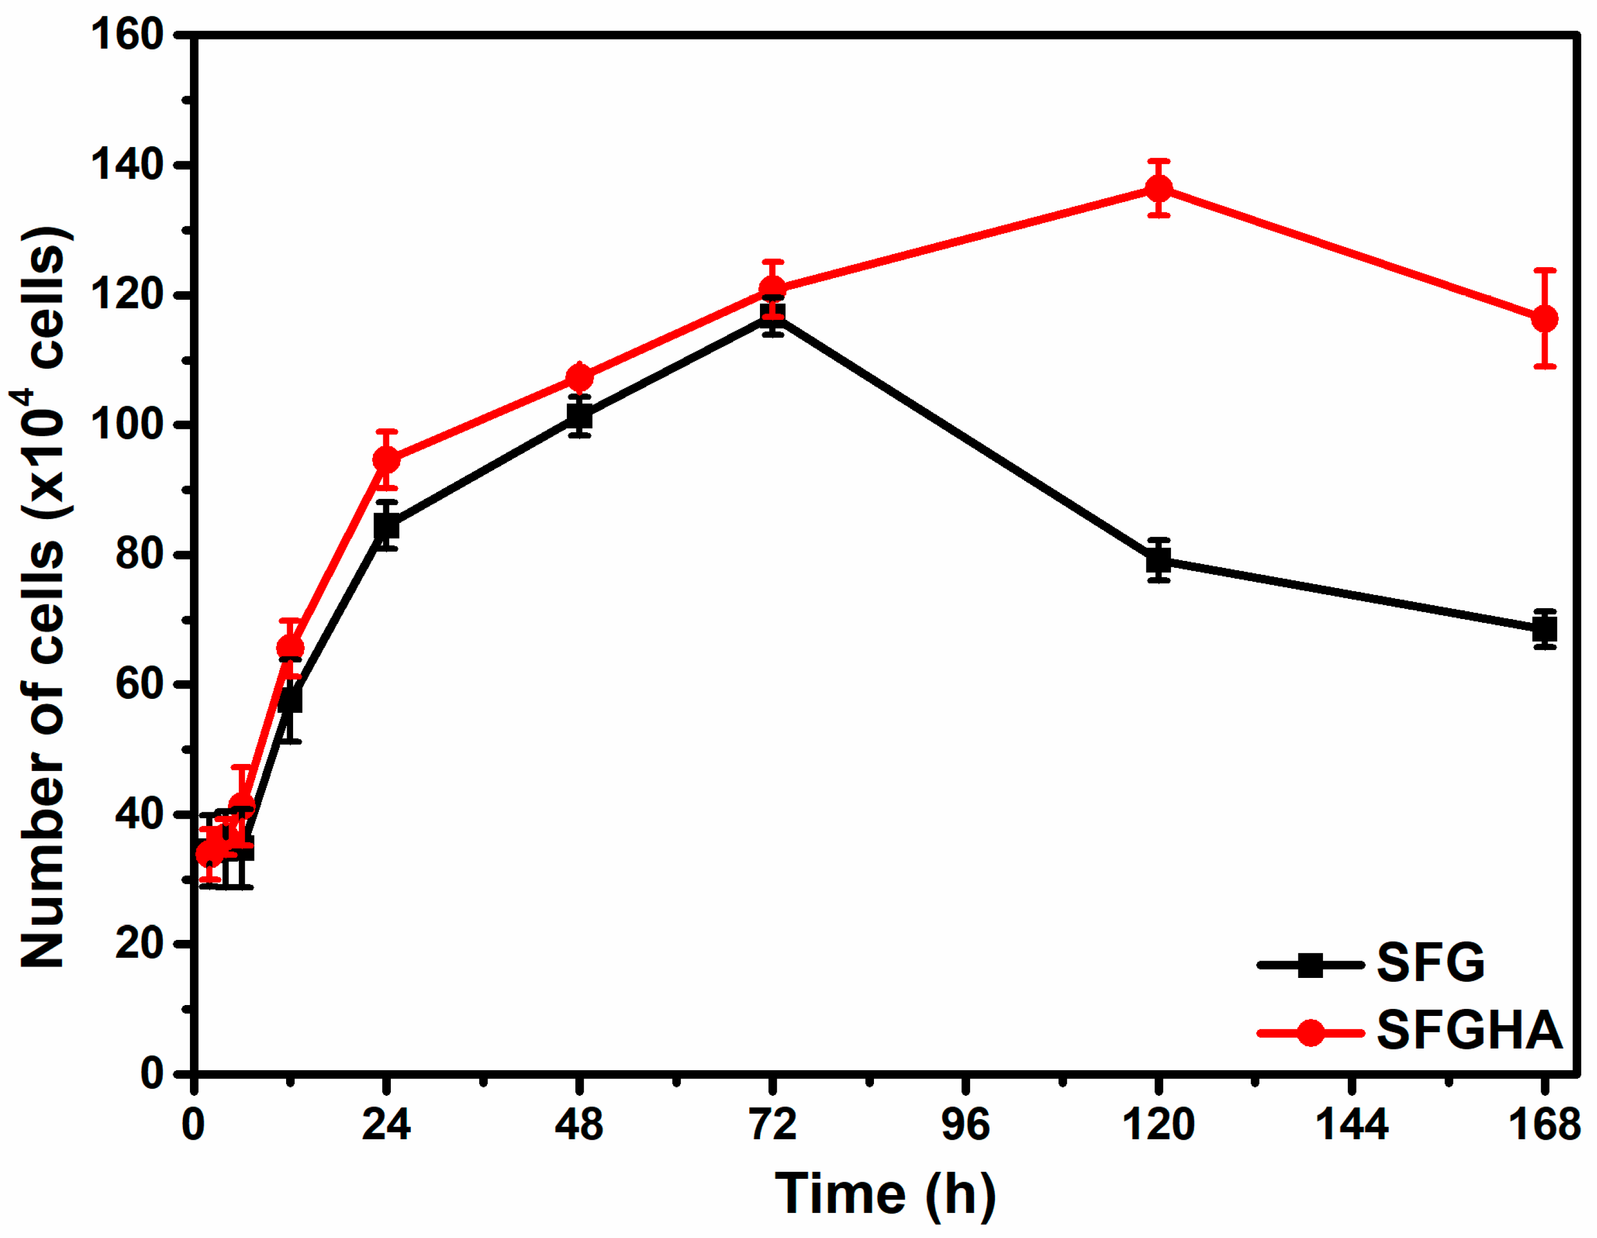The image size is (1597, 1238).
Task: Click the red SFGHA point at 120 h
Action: click(x=1158, y=188)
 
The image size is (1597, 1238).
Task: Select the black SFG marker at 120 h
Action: click(x=1158, y=561)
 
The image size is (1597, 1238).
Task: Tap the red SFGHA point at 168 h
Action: click(x=1544, y=319)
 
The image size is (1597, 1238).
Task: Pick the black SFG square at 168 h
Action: click(x=1544, y=629)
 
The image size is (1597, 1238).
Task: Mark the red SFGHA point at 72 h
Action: click(x=773, y=289)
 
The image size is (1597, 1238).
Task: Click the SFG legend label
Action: click(x=1430, y=963)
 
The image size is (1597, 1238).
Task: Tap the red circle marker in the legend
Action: click(x=1310, y=1033)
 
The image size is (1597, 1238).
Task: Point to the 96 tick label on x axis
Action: click(x=965, y=1124)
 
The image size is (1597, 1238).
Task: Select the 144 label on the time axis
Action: click(x=1351, y=1124)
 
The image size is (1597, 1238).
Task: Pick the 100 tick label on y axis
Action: click(x=126, y=425)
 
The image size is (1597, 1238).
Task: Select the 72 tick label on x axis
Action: click(x=773, y=1124)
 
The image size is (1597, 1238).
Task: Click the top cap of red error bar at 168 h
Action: click(x=1544, y=270)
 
